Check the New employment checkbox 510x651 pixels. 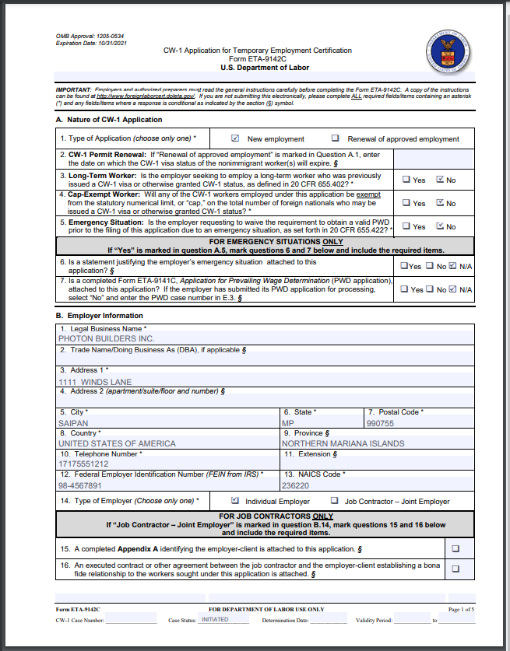[x=235, y=138]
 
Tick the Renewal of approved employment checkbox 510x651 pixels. [x=335, y=138]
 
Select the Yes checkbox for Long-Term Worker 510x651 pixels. [x=406, y=180]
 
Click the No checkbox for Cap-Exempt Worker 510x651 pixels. [x=440, y=203]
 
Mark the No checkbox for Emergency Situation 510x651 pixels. [x=440, y=226]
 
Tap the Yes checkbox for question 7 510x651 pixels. [x=406, y=289]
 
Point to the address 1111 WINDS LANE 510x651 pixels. [x=95, y=382]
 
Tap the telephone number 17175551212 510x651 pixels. [x=83, y=464]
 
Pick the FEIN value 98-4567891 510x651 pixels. [x=80, y=485]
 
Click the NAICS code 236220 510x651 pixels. [x=295, y=485]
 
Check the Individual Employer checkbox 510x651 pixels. [x=235, y=501]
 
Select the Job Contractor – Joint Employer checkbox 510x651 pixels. [x=335, y=501]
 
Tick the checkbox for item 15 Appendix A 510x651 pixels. [x=455, y=548]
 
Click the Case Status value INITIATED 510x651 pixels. [x=215, y=620]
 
